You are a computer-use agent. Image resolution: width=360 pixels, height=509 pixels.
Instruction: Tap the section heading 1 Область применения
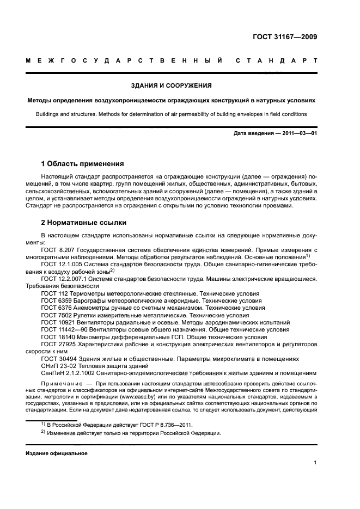83,163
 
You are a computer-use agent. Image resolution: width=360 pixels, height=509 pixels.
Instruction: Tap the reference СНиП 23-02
58,366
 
